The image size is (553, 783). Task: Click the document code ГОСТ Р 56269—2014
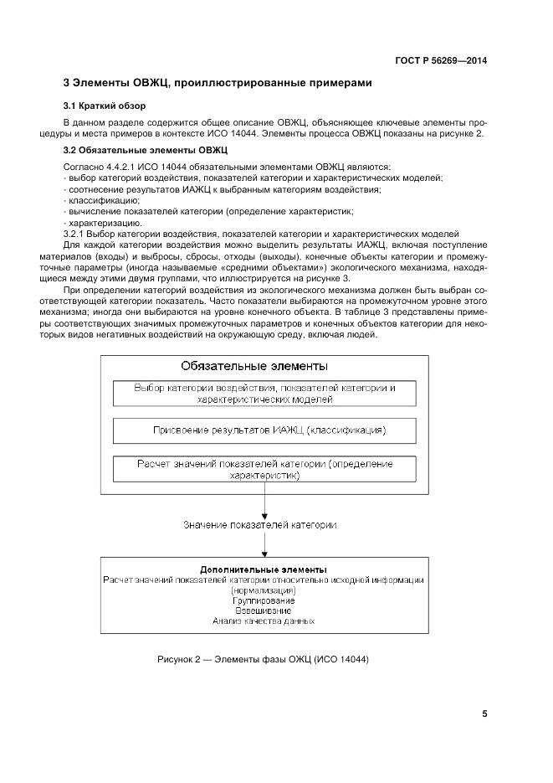click(441, 60)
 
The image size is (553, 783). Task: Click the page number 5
click(484, 713)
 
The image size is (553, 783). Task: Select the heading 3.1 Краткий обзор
click(105, 106)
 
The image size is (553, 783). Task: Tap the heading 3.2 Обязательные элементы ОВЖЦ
click(134, 150)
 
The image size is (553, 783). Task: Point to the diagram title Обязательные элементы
click(254, 366)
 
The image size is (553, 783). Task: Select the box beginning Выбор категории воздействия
click(265, 394)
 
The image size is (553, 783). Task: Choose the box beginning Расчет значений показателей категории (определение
click(264, 469)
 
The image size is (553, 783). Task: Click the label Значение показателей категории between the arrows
click(260, 525)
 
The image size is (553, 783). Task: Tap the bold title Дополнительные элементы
click(264, 569)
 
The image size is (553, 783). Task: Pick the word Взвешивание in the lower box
click(264, 610)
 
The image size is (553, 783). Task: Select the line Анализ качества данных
click(264, 621)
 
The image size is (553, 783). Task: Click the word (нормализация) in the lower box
click(264, 590)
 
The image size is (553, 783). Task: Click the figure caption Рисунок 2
click(263, 658)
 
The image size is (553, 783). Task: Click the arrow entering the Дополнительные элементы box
click(264, 546)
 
